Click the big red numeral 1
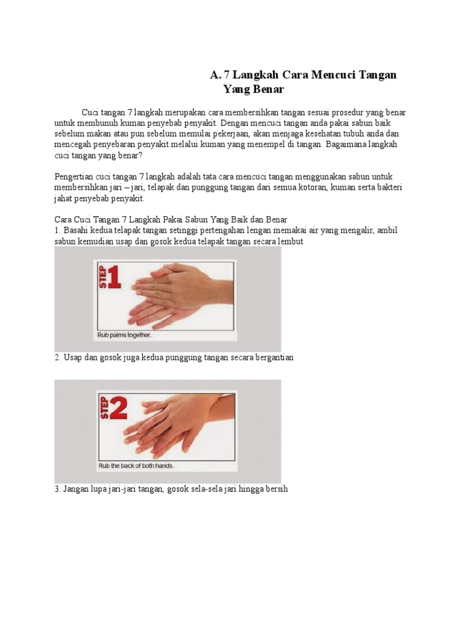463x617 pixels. pyautogui.click(x=114, y=277)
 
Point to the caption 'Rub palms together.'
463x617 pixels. pyautogui.click(x=124, y=335)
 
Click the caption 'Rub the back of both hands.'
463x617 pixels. pyautogui.click(x=136, y=466)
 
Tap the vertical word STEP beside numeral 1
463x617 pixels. pyautogui.click(x=102, y=277)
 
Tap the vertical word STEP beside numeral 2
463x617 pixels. pyautogui.click(x=104, y=408)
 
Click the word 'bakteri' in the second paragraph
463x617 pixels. pyautogui.click(x=389, y=187)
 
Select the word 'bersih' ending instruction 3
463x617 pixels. pyautogui.click(x=277, y=489)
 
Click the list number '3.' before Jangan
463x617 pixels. pyautogui.click(x=57, y=489)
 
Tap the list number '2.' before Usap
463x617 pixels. pyautogui.click(x=57, y=358)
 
